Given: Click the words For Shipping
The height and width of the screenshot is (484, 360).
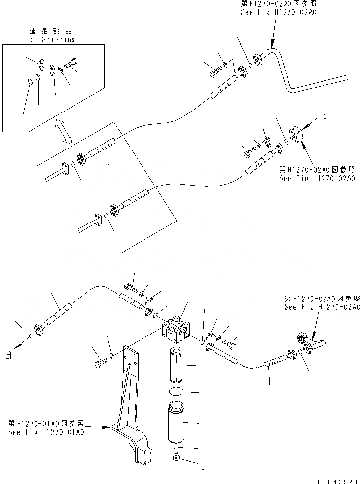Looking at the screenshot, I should (x=50, y=39).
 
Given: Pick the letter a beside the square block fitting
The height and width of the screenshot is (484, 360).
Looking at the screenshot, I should (x=325, y=114).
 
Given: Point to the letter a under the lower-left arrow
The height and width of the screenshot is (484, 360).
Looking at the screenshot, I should (x=7, y=354).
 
